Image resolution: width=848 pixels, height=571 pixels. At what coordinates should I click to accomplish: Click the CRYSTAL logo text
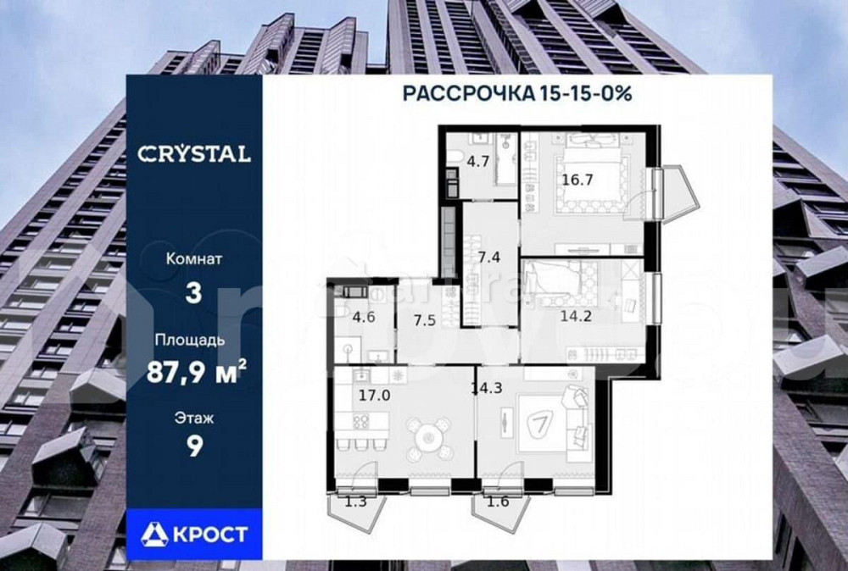(x=194, y=154)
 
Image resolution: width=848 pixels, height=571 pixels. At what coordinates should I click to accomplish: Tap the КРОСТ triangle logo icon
(x=158, y=534)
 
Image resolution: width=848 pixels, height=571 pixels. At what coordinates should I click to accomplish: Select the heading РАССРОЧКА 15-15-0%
(x=516, y=93)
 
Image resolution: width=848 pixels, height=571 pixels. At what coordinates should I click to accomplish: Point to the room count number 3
(x=194, y=293)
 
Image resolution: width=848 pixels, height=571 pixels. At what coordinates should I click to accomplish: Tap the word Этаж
(x=194, y=417)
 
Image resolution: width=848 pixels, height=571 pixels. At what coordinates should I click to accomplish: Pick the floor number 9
(x=194, y=446)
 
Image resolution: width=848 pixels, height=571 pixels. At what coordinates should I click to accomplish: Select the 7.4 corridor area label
(x=489, y=257)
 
